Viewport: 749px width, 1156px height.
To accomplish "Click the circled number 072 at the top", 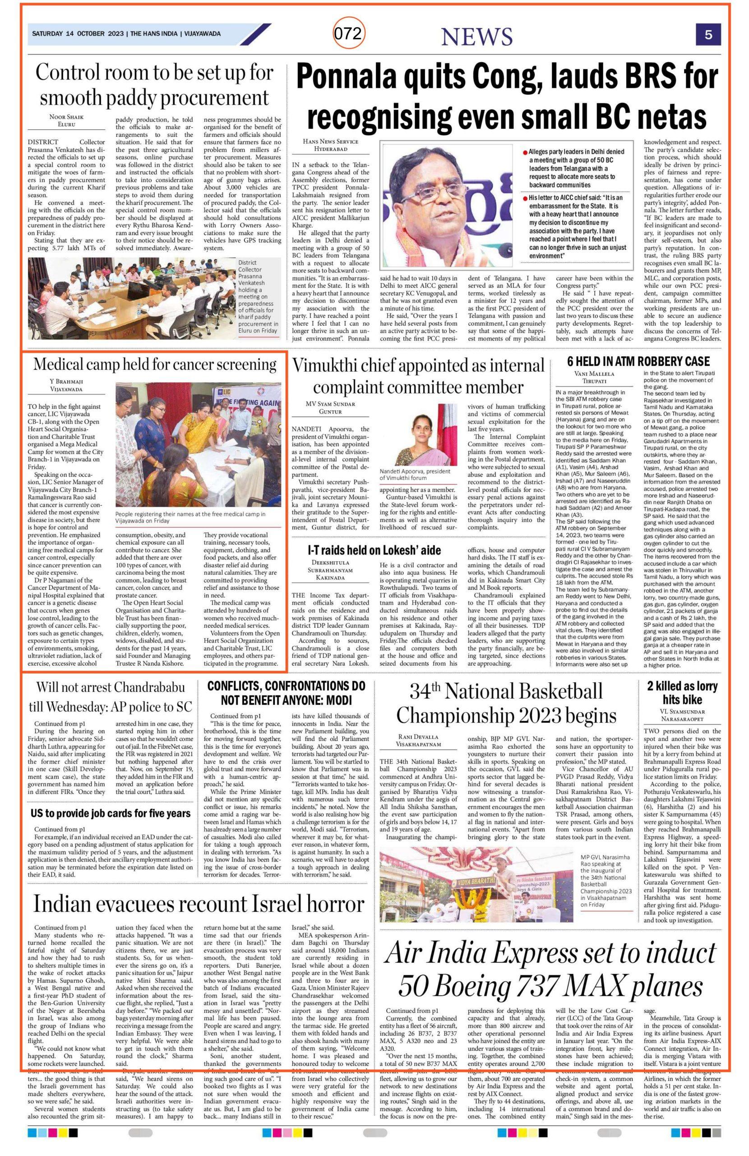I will click(x=348, y=34).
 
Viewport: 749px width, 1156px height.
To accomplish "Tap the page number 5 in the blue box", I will click(x=708, y=35).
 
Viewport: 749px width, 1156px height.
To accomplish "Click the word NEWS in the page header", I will click(x=476, y=37).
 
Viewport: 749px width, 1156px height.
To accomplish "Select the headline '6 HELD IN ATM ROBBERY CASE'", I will click(x=638, y=361).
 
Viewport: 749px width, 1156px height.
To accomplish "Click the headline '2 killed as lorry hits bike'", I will click(x=682, y=693).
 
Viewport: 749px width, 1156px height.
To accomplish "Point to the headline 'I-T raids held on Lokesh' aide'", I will click(x=374, y=550).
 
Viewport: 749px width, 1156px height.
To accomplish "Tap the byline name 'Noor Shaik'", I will click(x=66, y=117).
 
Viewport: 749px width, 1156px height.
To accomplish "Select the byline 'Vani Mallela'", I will click(x=594, y=374).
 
